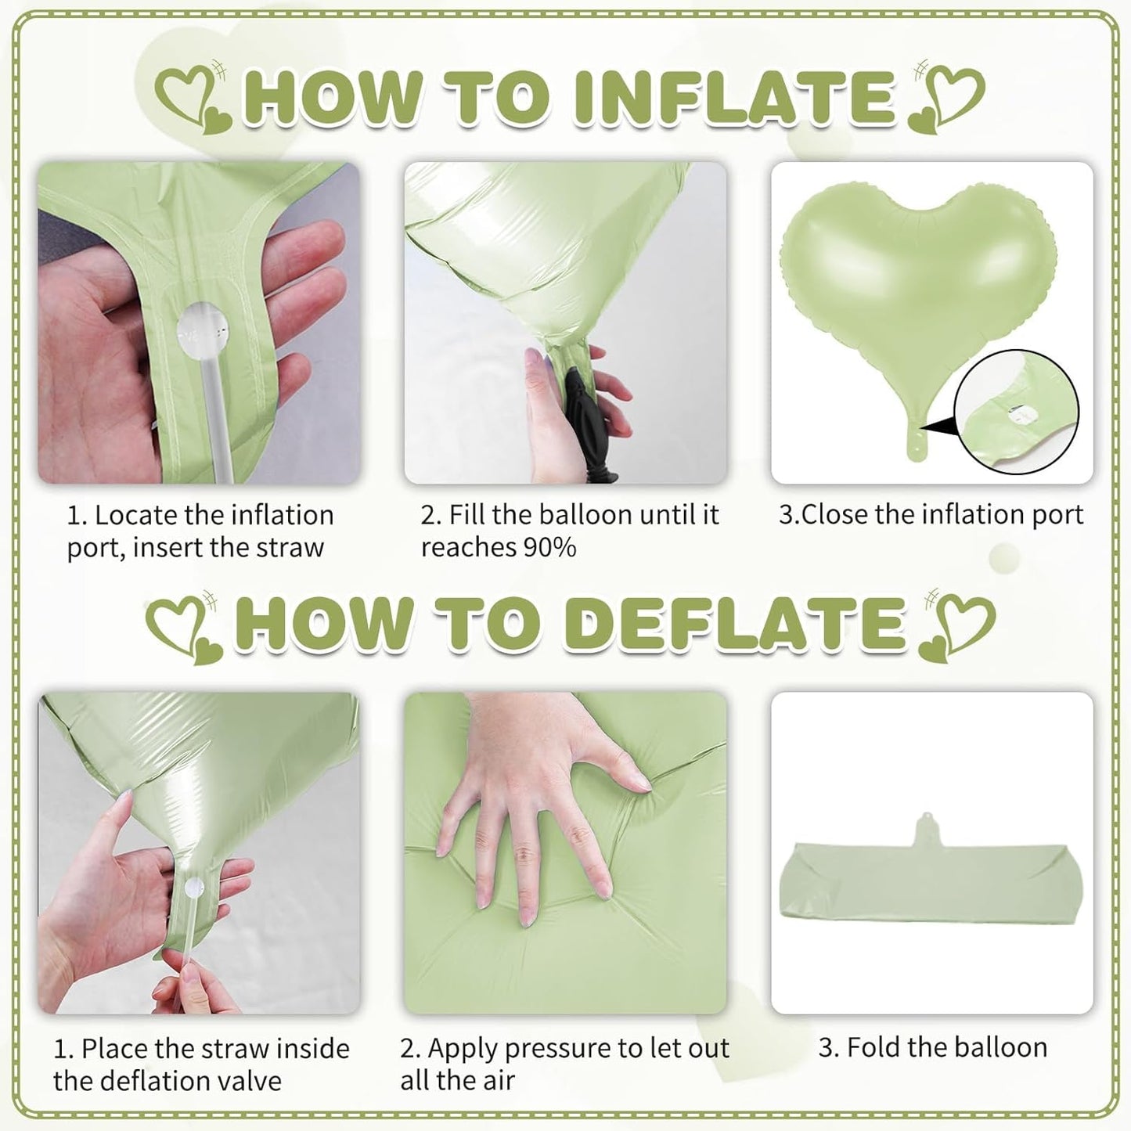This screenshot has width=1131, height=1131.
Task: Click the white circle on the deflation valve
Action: tap(192, 888)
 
